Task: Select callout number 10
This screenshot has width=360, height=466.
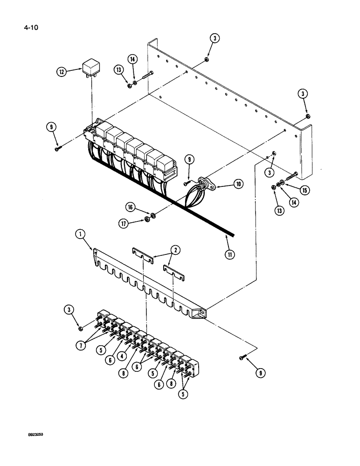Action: (238, 185)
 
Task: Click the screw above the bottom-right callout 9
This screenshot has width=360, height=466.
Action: (242, 357)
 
